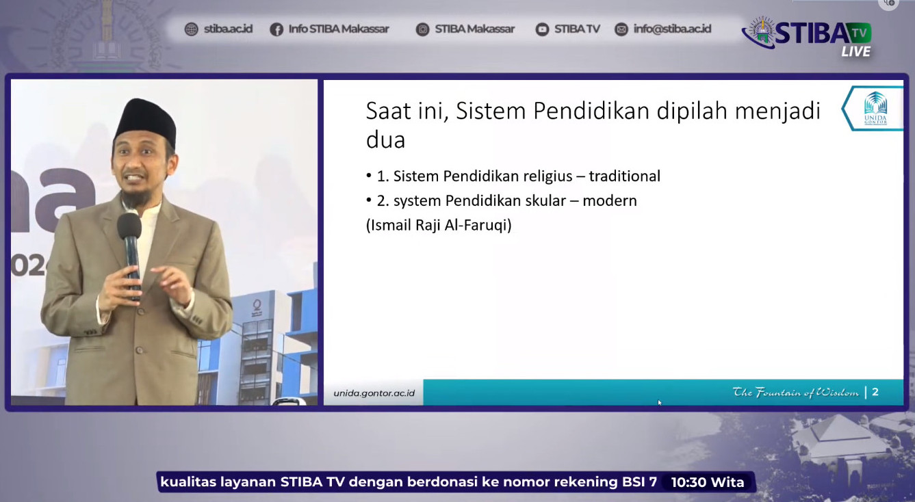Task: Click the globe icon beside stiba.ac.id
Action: pos(191,29)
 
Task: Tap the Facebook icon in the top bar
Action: pos(276,29)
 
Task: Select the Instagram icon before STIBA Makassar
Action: pos(422,29)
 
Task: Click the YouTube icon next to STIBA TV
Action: pos(542,29)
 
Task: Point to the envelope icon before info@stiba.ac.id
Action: pos(621,29)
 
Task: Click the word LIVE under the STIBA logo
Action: pos(855,51)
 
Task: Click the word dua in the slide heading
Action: pos(385,140)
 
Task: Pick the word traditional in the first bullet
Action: pos(625,176)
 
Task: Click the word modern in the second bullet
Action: pos(610,201)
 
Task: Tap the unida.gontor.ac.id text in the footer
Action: pos(374,393)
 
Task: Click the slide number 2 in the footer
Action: pos(875,392)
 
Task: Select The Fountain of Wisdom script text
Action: pos(796,392)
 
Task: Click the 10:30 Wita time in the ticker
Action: pos(708,482)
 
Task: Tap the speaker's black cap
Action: pos(146,120)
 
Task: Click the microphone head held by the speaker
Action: pos(129,225)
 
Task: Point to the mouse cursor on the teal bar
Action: pos(659,403)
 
